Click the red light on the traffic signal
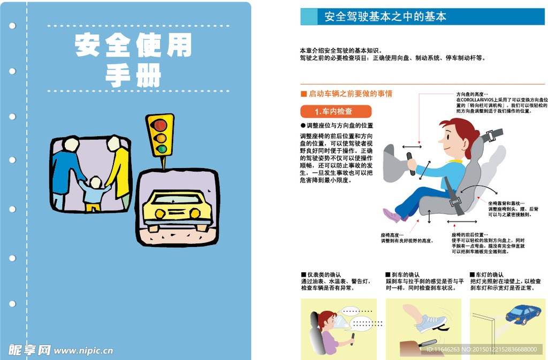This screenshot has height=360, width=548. [160, 126]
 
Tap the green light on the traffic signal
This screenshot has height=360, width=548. [160, 149]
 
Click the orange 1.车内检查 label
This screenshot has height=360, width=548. [336, 111]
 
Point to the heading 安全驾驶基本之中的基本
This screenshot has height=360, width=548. [385, 17]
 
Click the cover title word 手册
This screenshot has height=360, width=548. [133, 76]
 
